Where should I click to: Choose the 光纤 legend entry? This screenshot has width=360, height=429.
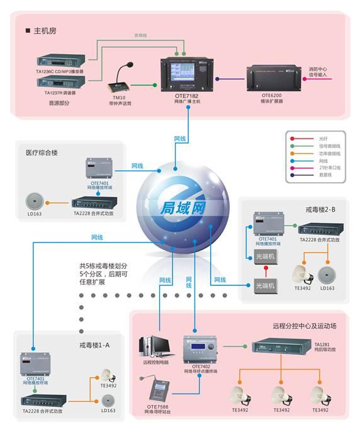[x=323, y=138]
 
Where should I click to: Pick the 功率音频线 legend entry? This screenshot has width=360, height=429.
[x=329, y=154]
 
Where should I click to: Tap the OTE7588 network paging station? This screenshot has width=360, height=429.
[x=159, y=391]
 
